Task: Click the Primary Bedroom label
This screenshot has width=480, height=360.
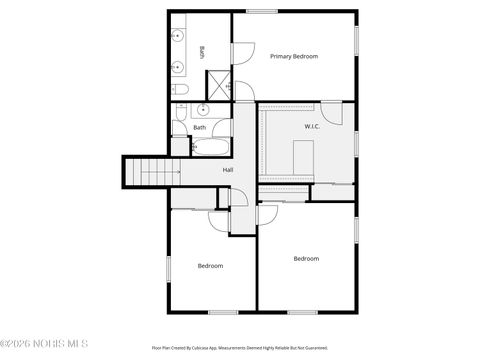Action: tap(294, 56)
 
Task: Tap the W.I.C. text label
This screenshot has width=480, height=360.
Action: tap(312, 126)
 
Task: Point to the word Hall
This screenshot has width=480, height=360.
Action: tap(228, 170)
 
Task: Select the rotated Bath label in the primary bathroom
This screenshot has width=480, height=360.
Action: tap(202, 52)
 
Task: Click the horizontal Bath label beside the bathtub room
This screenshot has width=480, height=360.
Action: tap(200, 127)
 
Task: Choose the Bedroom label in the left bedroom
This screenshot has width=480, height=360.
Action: tap(210, 266)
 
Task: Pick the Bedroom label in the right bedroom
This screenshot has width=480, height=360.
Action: tap(306, 259)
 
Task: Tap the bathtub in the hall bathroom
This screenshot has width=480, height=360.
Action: tap(211, 148)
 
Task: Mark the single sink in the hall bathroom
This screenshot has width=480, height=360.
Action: tap(203, 109)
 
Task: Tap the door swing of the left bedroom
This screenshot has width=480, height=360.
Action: tap(219, 221)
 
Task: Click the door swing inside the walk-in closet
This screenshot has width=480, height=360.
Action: tap(333, 113)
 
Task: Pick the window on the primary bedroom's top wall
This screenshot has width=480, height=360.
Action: tap(262, 11)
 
